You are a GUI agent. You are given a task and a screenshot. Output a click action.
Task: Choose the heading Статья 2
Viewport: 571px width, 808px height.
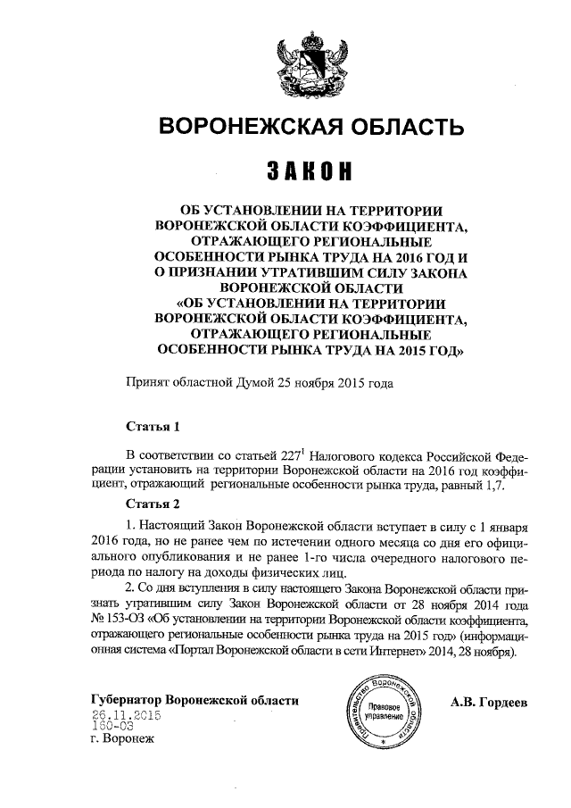(x=153, y=504)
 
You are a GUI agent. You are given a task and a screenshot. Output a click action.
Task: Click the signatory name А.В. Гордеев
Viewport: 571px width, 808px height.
(x=490, y=701)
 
